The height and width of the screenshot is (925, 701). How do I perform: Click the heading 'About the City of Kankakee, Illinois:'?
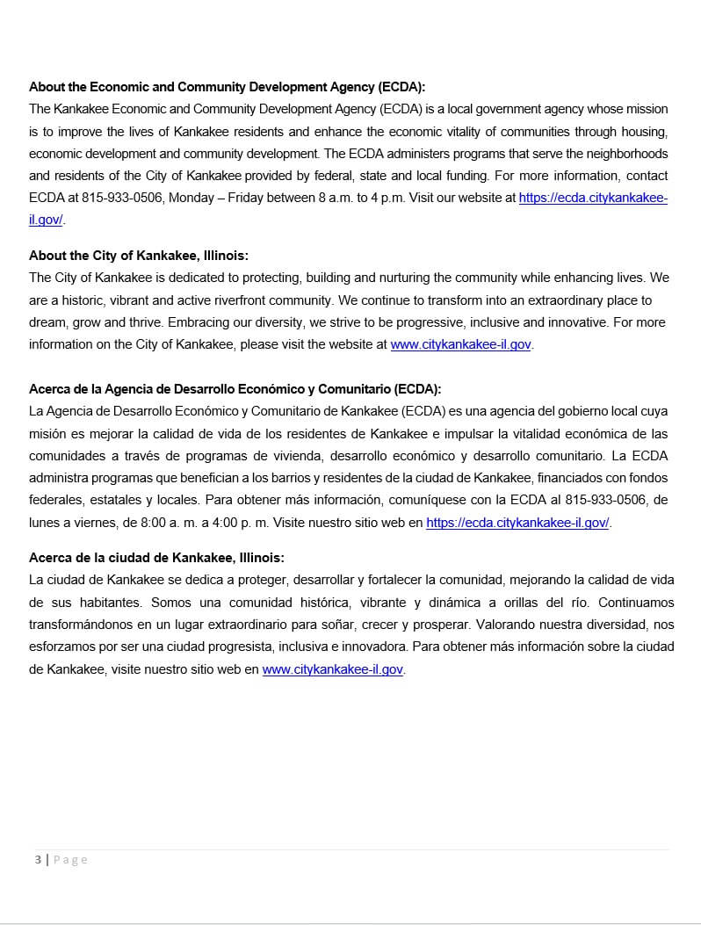[139, 256]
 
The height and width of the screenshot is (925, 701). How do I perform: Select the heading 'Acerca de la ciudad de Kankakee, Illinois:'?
[156, 558]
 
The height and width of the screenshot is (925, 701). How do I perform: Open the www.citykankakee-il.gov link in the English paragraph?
[460, 345]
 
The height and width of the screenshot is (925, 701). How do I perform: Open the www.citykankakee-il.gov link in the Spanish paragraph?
[333, 669]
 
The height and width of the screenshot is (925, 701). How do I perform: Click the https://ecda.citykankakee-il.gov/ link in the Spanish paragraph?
[517, 523]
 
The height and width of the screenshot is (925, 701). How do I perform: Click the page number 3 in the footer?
[38, 859]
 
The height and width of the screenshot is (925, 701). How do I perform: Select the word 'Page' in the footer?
[70, 859]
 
